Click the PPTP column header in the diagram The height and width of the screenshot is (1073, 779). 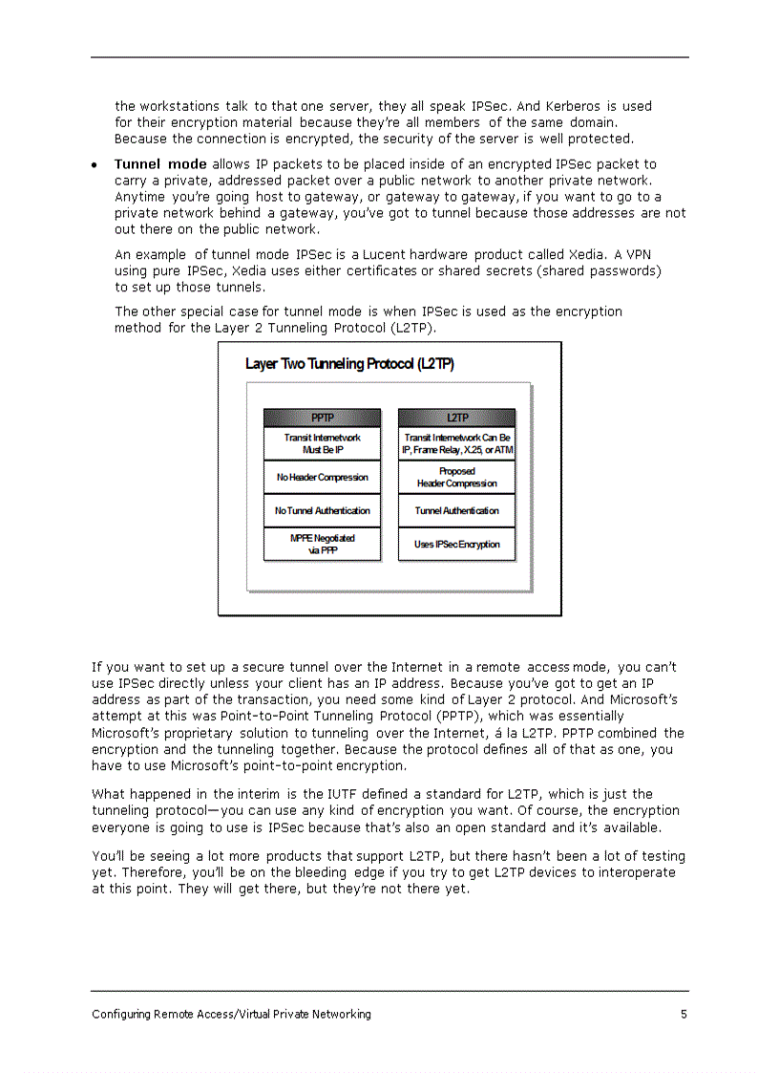[x=322, y=418]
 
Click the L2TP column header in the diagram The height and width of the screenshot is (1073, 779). [x=456, y=418]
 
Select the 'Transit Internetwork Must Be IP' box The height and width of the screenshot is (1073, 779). [x=322, y=443]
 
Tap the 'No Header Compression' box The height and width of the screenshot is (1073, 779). [x=322, y=477]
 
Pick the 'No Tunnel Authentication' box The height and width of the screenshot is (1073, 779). [x=322, y=510]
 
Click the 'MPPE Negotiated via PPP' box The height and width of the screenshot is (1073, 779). [x=322, y=544]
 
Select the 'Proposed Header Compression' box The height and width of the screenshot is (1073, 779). [x=456, y=477]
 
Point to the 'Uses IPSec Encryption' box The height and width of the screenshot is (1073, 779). [x=456, y=544]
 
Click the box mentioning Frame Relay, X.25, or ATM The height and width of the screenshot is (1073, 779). [x=456, y=443]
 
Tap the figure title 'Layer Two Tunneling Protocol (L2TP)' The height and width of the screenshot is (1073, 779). [x=349, y=364]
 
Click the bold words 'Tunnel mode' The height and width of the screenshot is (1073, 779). [x=160, y=164]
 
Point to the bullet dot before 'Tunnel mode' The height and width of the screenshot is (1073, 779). [x=95, y=165]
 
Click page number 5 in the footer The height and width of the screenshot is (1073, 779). [x=684, y=1014]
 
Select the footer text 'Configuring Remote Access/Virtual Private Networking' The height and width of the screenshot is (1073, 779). [x=231, y=1014]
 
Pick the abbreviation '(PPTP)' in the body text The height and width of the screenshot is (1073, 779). [x=456, y=716]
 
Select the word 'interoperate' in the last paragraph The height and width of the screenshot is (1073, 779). [x=634, y=872]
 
